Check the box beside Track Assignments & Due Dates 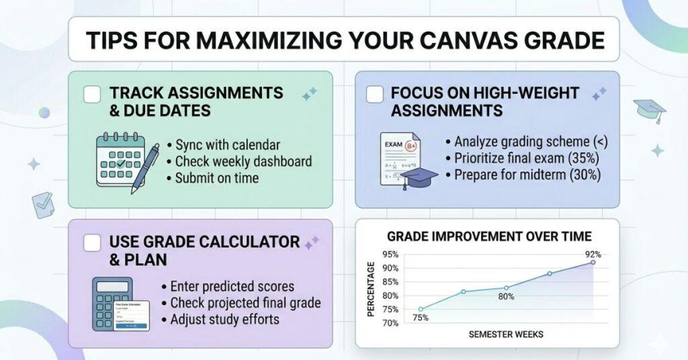92,93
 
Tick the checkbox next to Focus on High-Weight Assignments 375,94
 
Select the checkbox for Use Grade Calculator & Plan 92,242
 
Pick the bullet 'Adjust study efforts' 224,319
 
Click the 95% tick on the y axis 390,255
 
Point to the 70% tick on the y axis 390,323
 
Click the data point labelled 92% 593,262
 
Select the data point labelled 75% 421,310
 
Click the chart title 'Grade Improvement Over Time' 489,236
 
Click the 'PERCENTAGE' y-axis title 371,289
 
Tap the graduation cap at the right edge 649,109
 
